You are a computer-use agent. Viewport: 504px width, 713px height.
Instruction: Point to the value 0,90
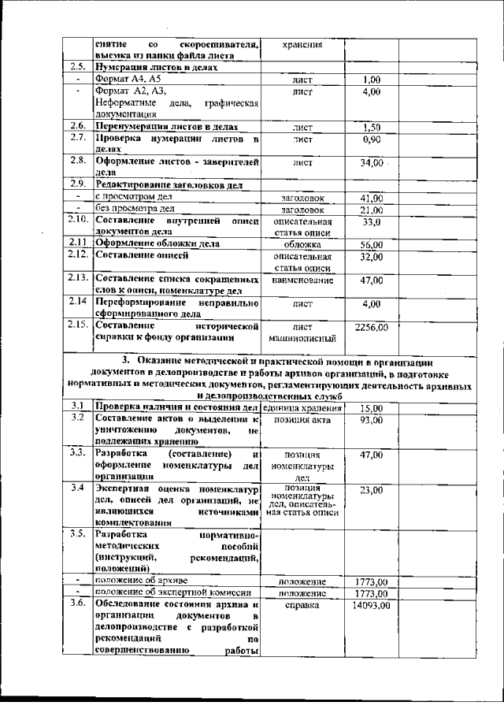371,139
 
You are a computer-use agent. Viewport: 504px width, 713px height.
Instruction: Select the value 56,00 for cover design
371,245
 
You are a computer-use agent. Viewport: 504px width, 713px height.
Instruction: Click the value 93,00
371,421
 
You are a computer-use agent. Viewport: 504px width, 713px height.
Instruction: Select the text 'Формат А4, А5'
128,80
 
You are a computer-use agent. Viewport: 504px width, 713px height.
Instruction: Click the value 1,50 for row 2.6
371,127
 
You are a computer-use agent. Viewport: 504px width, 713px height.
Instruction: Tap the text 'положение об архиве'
143,581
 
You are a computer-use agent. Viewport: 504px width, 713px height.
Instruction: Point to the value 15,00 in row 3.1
371,408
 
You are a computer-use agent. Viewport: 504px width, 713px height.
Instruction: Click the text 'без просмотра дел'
135,210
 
